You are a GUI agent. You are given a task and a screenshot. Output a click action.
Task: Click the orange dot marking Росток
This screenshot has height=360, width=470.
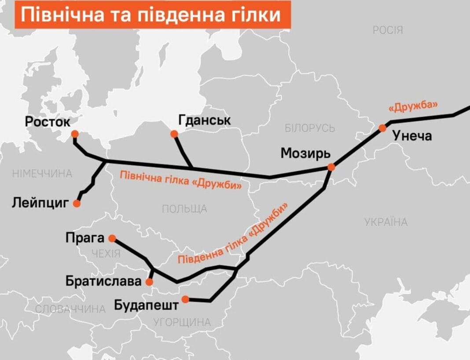click(x=75, y=134)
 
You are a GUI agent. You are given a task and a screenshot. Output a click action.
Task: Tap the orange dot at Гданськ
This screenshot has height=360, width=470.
click(x=174, y=134)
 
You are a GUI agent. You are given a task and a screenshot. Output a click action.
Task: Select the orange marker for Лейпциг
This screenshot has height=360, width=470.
click(x=77, y=203)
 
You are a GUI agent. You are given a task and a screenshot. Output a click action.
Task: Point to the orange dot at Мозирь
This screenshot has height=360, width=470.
click(x=331, y=167)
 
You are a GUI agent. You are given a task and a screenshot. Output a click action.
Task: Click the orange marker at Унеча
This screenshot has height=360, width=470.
click(x=382, y=128)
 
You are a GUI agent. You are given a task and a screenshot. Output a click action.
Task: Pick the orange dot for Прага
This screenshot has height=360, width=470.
click(x=112, y=238)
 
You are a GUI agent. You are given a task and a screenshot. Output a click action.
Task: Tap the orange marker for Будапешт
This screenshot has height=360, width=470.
click(x=185, y=299)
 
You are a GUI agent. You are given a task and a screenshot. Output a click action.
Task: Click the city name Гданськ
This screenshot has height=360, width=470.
click(x=205, y=120)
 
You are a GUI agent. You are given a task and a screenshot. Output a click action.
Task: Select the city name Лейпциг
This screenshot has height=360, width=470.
click(x=41, y=203)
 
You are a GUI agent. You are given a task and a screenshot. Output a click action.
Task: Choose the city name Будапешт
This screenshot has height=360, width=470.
click(x=146, y=305)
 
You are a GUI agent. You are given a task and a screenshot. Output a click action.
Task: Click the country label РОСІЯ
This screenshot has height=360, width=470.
click(x=388, y=30)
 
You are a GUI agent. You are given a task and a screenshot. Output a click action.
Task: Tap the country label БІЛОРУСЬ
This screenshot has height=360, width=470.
click(x=310, y=128)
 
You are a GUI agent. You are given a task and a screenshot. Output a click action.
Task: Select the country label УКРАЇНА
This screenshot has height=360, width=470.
click(x=386, y=222)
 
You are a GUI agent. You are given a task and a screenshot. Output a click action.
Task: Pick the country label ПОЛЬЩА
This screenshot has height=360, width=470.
click(x=184, y=209)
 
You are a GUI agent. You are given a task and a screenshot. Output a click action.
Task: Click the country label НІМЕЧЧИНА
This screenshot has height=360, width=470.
click(x=42, y=173)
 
